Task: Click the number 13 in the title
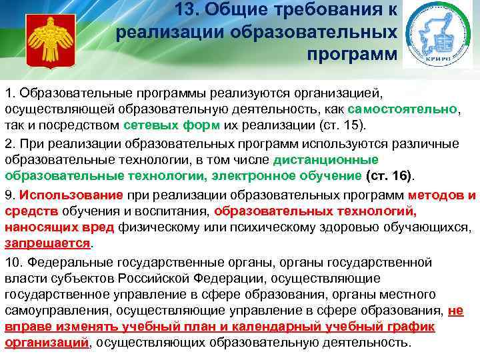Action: pyautogui.click(x=189, y=9)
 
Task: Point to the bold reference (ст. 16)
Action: pyautogui.click(x=389, y=176)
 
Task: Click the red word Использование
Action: pyautogui.click(x=71, y=195)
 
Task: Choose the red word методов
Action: pyautogui.click(x=433, y=195)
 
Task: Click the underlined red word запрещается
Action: pyautogui.click(x=47, y=243)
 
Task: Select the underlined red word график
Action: pyautogui.click(x=410, y=327)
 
